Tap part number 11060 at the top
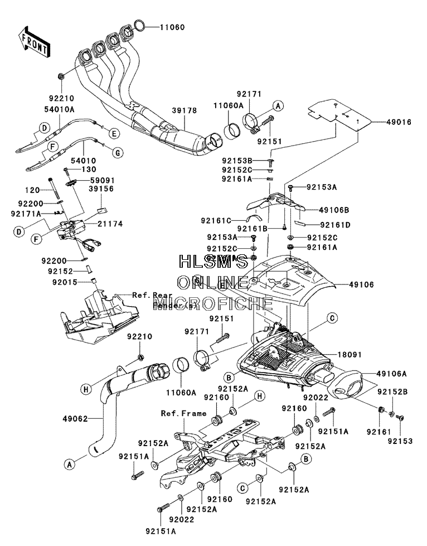coord(172,27)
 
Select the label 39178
coord(184,110)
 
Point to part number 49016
coord(399,122)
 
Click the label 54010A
coord(59,109)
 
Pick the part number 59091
coord(102,180)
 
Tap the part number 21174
coord(110,224)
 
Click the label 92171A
coord(26,212)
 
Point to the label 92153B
coord(237,161)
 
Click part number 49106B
coord(334,210)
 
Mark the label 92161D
coord(335,225)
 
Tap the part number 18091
coord(350,355)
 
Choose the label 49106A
coord(391,374)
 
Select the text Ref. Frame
coord(183,413)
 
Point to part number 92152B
coord(392,392)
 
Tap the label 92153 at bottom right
coord(400,441)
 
